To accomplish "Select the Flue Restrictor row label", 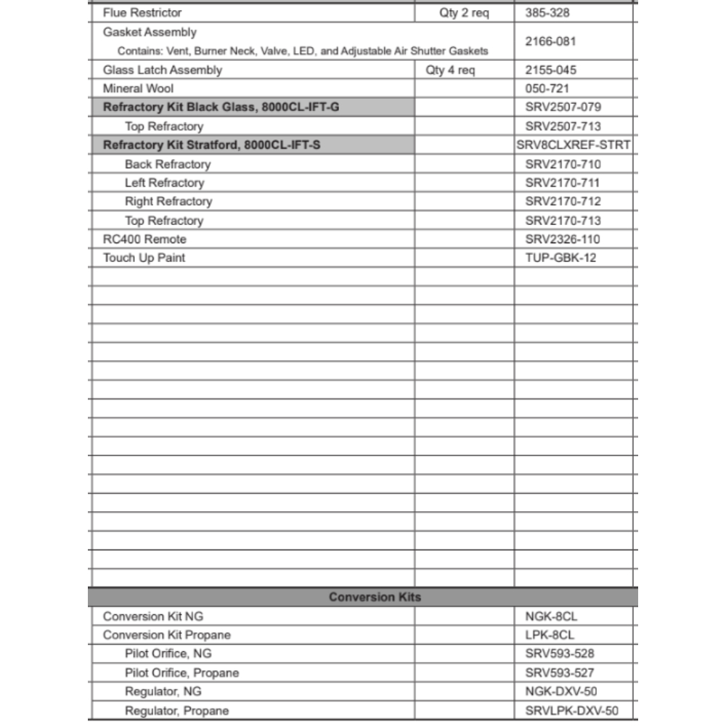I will (142, 13).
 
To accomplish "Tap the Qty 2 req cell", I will (464, 13).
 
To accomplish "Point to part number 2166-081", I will (550, 41).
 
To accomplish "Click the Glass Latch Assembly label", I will (163, 70).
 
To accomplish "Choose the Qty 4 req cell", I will (450, 70).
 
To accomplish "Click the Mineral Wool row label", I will (139, 89).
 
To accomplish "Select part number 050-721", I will (547, 89).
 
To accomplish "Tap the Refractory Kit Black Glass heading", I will (221, 107).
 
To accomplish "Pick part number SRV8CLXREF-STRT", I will (574, 145).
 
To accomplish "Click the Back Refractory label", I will (168, 164).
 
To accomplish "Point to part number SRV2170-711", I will (563, 183).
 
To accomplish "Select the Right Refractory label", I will (168, 202).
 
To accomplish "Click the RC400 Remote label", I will (144, 240).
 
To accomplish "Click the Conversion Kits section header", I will (375, 597).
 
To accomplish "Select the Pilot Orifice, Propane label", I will (181, 673).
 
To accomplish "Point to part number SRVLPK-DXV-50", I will (572, 711).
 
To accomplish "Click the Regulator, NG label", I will (163, 692).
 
